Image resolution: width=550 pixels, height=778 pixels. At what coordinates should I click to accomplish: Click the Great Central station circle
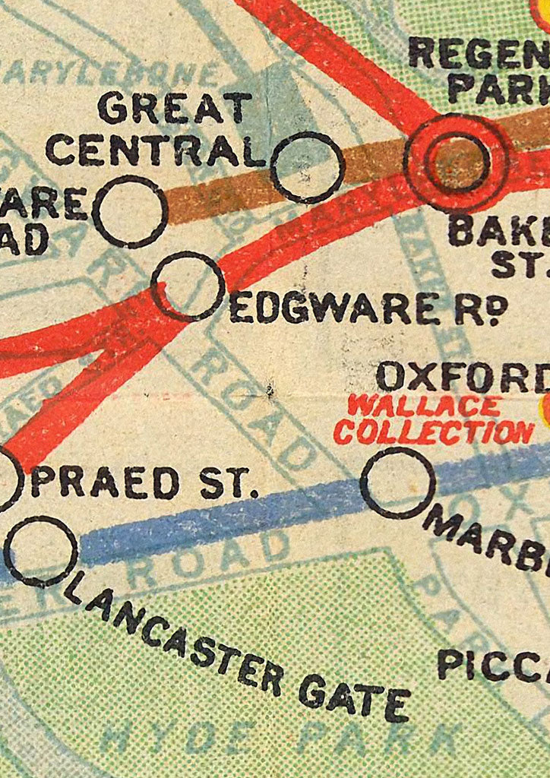point(307,167)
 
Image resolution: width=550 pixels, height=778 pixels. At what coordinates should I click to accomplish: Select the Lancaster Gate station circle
point(41,551)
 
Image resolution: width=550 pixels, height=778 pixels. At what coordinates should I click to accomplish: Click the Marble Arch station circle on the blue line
point(397,482)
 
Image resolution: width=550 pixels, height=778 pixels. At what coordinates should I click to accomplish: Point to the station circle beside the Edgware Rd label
point(188,286)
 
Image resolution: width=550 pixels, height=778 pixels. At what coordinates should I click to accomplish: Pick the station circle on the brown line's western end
point(130,211)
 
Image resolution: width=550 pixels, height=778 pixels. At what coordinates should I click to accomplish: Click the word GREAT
point(174,108)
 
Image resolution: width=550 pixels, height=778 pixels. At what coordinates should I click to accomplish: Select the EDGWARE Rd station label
point(356,309)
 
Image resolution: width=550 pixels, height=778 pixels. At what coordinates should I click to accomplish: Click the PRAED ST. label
point(144,483)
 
